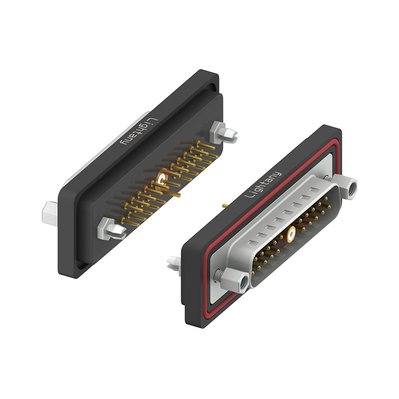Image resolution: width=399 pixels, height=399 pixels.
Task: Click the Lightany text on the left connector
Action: click(139, 131)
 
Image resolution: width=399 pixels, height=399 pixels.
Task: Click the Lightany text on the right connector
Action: click(263, 185)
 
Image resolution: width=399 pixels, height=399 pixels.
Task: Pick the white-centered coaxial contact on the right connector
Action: click(291, 234)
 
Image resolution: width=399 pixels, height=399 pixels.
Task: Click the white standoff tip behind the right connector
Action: click(174, 264)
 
